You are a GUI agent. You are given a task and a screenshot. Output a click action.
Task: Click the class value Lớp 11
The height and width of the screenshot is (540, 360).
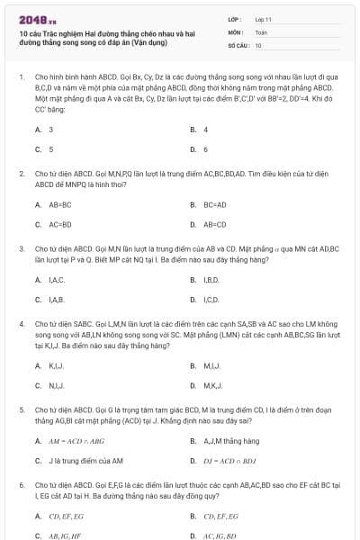[263, 19]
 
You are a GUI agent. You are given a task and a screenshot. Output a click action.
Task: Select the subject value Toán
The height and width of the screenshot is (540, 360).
[261, 31]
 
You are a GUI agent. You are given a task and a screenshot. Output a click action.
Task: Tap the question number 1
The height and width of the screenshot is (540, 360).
[21, 78]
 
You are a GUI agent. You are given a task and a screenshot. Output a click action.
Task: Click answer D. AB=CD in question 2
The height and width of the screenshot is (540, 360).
[209, 224]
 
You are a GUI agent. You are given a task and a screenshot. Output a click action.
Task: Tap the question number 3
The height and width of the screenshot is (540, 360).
[21, 247]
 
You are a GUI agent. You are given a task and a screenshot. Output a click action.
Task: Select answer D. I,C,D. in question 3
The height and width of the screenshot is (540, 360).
[205, 299]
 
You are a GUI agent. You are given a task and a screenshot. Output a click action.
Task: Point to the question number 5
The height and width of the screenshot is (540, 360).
[21, 408]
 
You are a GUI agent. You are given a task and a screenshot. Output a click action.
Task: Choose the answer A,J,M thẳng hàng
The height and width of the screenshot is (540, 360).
[225, 441]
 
